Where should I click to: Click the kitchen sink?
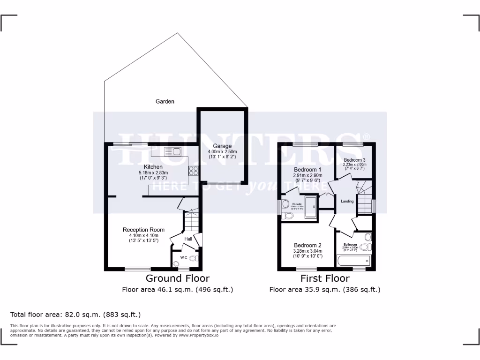(173, 151)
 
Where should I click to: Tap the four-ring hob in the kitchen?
(193, 171)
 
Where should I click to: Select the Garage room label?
(223, 146)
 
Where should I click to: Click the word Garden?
(165, 101)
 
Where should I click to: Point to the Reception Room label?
(143, 230)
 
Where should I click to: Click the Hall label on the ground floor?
(188, 239)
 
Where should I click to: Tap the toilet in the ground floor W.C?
(192, 258)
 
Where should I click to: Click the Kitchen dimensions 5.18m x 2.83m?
(153, 173)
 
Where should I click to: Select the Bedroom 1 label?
(307, 169)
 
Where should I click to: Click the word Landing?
(347, 201)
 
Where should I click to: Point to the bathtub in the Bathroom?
(354, 261)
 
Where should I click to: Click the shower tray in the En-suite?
(311, 207)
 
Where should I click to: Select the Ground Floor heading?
(178, 278)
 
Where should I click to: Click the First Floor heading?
(324, 278)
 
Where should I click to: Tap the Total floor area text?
(75, 315)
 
